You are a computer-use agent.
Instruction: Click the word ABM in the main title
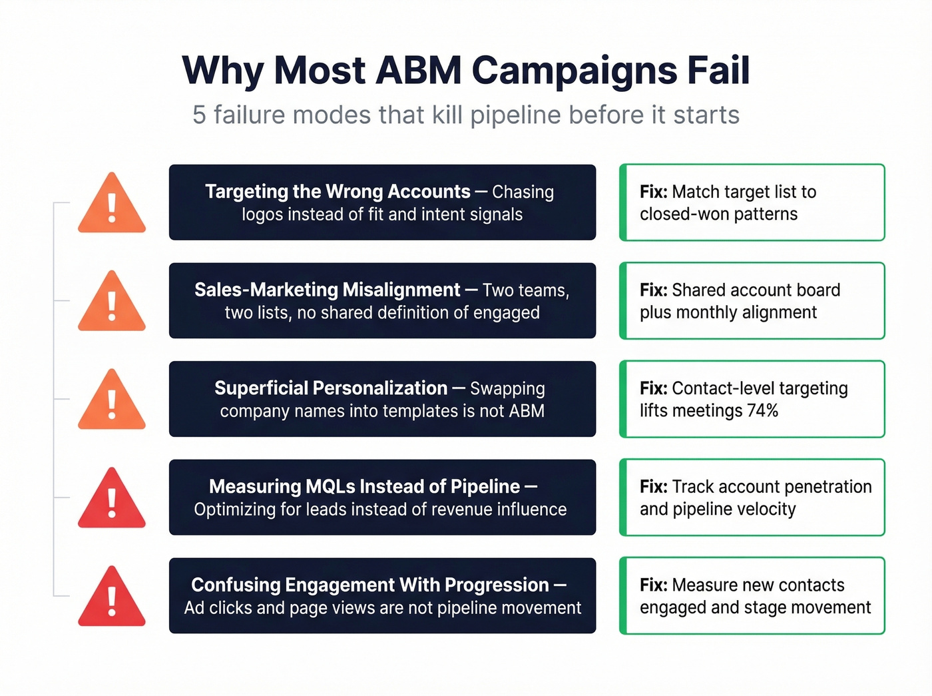pos(419,71)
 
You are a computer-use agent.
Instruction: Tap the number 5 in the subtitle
pos(199,115)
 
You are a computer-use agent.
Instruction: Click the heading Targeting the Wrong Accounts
pos(338,192)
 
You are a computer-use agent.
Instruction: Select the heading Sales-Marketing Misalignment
pos(327,290)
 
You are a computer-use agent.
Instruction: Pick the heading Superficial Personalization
pos(331,388)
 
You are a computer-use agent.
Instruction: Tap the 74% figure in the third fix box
pos(762,411)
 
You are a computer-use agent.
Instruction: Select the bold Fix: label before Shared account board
pos(653,290)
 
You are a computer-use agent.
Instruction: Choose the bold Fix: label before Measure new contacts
pos(653,585)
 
